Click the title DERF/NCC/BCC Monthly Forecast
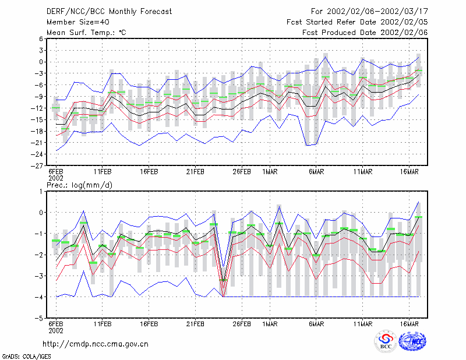pyautogui.click(x=109, y=12)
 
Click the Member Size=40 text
pyautogui.click(x=78, y=22)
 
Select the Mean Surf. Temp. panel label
pyautogui.click(x=86, y=33)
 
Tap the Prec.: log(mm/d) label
pyautogui.click(x=79, y=185)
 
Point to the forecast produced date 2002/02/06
pyautogui.click(x=404, y=33)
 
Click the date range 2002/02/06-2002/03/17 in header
pyautogui.click(x=377, y=12)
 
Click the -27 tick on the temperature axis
pyautogui.click(x=37, y=165)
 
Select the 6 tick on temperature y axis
pyautogui.click(x=41, y=39)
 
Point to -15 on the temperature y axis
pyautogui.click(x=37, y=119)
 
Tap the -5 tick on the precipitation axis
pyautogui.click(x=39, y=318)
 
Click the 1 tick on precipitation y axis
pyautogui.click(x=41, y=192)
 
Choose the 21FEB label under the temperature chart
pyautogui.click(x=195, y=172)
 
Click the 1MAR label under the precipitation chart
pyautogui.click(x=270, y=324)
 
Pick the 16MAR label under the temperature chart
pyautogui.click(x=409, y=172)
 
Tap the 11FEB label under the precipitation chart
pyautogui.click(x=103, y=324)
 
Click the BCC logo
pyautogui.click(x=386, y=341)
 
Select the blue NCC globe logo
pyautogui.click(x=412, y=341)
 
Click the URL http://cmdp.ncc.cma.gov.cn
pyautogui.click(x=96, y=344)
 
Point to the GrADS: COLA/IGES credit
pyautogui.click(x=26, y=357)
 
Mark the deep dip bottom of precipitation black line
pyautogui.click(x=223, y=280)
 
